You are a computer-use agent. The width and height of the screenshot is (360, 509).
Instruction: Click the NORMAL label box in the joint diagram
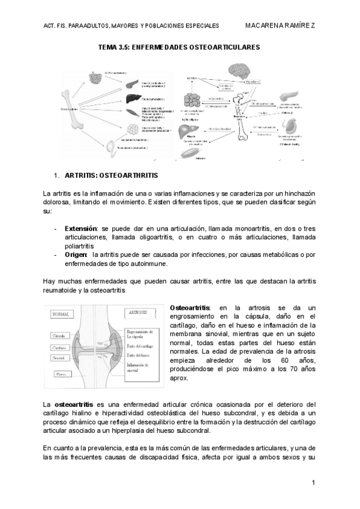click(x=61, y=313)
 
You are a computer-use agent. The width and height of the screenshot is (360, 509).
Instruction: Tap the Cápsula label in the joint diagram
click(x=59, y=335)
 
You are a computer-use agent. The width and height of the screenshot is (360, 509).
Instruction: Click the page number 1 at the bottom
click(x=314, y=483)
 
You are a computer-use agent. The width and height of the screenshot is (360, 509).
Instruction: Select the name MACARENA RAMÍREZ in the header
click(x=281, y=25)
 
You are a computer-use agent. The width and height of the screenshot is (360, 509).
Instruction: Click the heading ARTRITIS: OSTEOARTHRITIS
click(x=112, y=176)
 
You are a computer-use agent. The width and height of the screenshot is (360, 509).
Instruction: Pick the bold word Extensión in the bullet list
click(x=81, y=229)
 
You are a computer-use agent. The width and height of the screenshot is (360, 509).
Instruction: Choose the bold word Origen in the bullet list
click(x=76, y=254)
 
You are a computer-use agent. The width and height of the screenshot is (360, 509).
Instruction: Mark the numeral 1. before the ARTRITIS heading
click(x=56, y=176)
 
